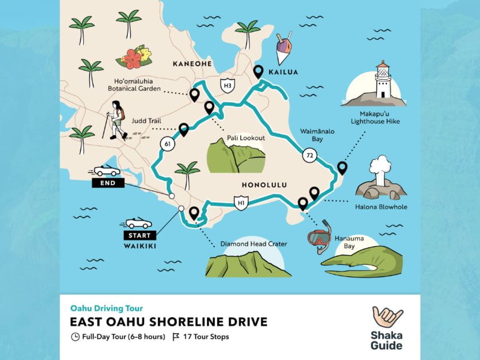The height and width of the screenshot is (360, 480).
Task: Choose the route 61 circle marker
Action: coord(168,144)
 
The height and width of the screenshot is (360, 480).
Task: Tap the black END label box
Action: coord(105,183)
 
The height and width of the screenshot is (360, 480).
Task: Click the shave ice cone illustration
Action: coord(283,49)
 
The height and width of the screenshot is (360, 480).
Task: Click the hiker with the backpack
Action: coord(116,120)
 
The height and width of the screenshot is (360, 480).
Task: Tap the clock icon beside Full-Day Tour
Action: coord(75,337)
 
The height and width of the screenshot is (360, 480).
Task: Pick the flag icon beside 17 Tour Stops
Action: coord(176,337)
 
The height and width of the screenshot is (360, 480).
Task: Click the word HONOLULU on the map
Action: coord(264,184)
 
